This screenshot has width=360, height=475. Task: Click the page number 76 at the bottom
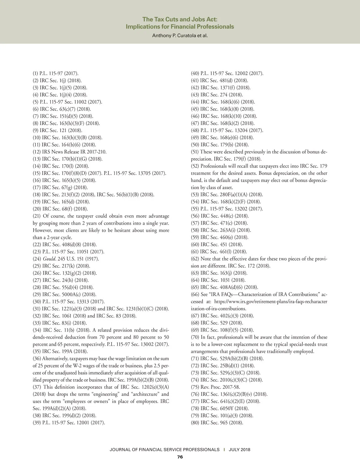[x=180, y=457]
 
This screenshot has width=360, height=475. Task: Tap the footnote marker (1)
[x=35, y=73]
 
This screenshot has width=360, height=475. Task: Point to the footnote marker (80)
[x=195, y=423]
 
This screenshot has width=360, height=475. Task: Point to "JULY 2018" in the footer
[x=239, y=449]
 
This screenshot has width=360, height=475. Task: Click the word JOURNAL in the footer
[x=120, y=449]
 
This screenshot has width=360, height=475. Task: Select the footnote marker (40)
[x=195, y=73]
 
